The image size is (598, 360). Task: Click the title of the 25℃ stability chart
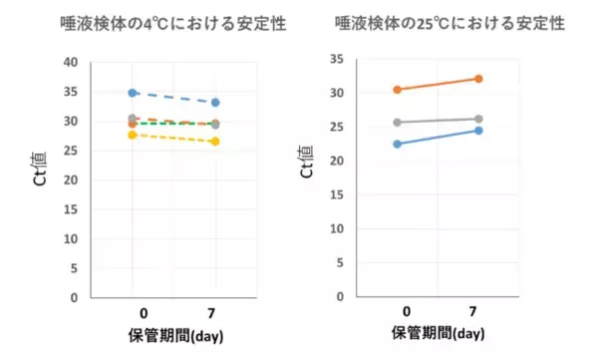[x=451, y=23]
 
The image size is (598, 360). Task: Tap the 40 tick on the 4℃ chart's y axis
[x=69, y=62]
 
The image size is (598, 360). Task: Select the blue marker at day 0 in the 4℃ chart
[x=133, y=93]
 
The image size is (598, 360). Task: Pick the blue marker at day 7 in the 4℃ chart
[x=215, y=103]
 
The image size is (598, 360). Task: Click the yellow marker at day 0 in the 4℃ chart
[x=133, y=135]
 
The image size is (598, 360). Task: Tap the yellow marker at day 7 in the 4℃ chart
[x=215, y=142]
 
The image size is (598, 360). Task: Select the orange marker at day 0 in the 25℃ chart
[x=397, y=90]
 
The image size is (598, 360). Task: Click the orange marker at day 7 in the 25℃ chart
[x=478, y=79]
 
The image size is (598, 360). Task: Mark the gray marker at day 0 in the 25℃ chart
[x=397, y=123]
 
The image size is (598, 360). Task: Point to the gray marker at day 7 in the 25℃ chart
[x=478, y=119]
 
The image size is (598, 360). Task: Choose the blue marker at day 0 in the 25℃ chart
[x=397, y=144]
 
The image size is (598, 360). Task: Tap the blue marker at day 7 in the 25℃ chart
[x=478, y=131]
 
